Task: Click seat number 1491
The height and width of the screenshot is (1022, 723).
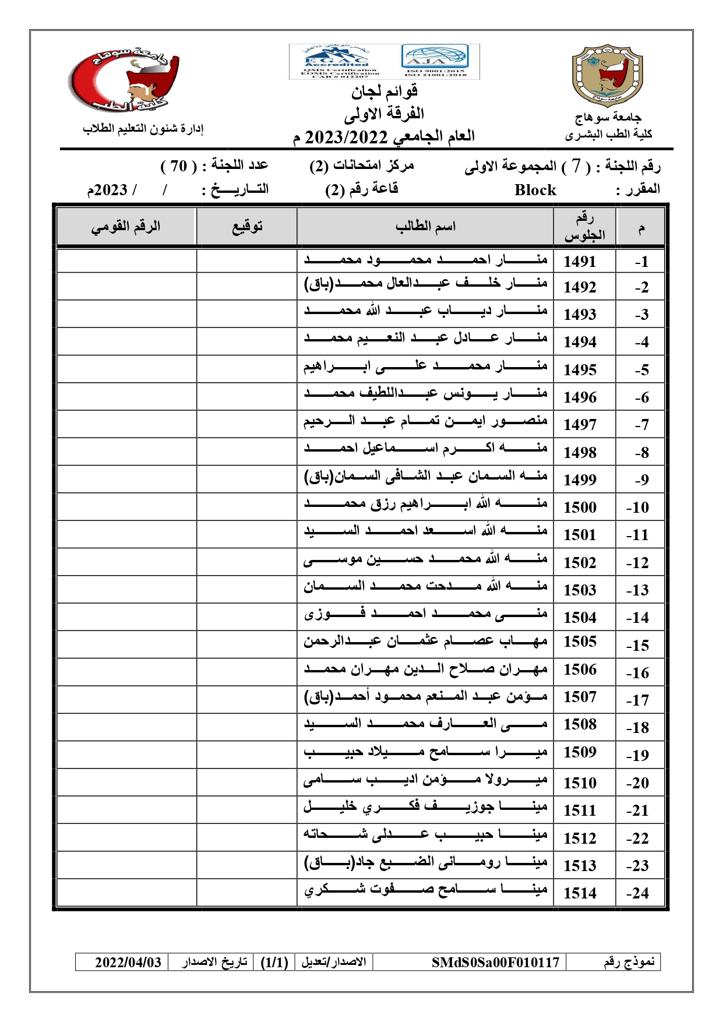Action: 580,262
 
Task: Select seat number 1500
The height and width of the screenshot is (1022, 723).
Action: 580,508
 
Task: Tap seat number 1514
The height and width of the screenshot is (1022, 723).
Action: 580,893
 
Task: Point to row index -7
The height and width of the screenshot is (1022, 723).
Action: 641,425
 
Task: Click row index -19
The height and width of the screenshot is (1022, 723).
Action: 638,756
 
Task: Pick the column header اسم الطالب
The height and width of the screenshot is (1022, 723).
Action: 425,226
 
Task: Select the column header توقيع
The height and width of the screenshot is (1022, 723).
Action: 247,226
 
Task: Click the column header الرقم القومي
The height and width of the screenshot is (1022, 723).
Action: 125,226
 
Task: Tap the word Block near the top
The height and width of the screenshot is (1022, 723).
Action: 535,190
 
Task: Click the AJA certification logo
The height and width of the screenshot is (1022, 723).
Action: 435,60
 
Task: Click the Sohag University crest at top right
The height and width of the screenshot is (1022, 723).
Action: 607,76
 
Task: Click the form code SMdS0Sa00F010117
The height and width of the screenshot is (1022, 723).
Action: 495,962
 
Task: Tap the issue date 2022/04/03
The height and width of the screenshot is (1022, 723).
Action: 128,962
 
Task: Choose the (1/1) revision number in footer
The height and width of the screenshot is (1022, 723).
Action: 274,962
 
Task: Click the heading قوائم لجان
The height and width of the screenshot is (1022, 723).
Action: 384,91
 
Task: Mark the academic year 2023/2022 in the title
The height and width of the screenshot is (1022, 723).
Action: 346,137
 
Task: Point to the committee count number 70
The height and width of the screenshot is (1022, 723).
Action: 178,166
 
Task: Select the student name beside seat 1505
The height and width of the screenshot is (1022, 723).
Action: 425,642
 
